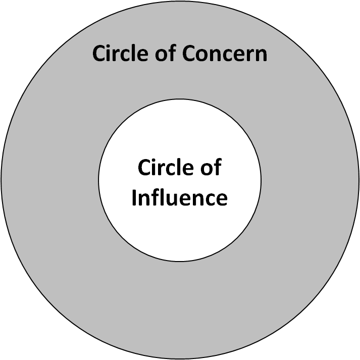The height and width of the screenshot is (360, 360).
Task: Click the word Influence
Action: click(x=179, y=197)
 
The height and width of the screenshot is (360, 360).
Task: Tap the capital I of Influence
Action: click(x=134, y=197)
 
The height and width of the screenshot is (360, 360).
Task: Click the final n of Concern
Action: click(x=261, y=55)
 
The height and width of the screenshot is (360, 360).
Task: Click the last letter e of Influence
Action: click(x=221, y=198)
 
